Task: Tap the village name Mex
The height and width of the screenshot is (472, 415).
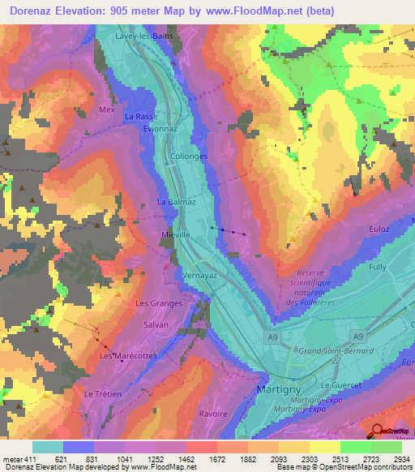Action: click(x=107, y=109)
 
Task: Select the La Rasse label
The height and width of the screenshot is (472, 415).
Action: click(x=140, y=117)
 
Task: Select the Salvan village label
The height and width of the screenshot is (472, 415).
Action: click(x=156, y=324)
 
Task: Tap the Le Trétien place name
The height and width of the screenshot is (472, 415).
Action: click(x=102, y=393)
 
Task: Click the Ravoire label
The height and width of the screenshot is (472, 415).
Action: click(x=212, y=414)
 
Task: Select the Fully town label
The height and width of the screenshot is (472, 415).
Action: click(x=378, y=267)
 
